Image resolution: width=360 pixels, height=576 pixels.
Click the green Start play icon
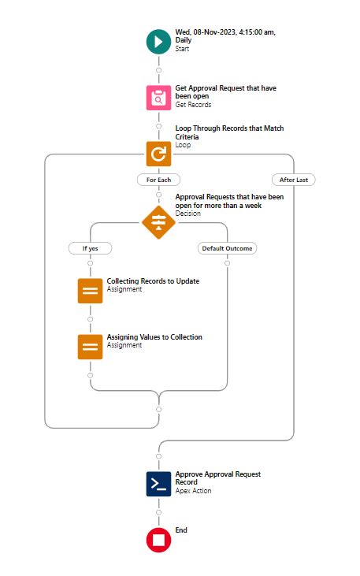pyautogui.click(x=158, y=42)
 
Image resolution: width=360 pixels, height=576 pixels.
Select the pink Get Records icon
pyautogui.click(x=158, y=98)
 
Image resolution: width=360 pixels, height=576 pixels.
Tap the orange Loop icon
pyautogui.click(x=158, y=154)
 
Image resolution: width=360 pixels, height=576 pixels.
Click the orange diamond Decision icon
pyautogui.click(x=158, y=222)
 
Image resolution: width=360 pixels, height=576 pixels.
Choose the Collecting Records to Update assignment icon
pyautogui.click(x=90, y=291)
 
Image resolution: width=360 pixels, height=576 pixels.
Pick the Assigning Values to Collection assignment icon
pyautogui.click(x=90, y=347)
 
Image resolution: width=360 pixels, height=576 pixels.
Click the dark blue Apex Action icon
pyautogui.click(x=158, y=484)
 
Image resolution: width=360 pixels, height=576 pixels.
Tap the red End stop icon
pyautogui.click(x=158, y=540)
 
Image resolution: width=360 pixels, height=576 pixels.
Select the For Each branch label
pyautogui.click(x=158, y=180)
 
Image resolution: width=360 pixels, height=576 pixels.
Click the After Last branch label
pyautogui.click(x=294, y=180)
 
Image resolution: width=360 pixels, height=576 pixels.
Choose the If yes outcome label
pyautogui.click(x=90, y=248)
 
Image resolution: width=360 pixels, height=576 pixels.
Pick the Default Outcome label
pyautogui.click(x=227, y=248)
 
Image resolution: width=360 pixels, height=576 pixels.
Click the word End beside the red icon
pyautogui.click(x=181, y=530)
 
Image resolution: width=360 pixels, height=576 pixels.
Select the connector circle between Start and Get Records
pyautogui.click(x=158, y=70)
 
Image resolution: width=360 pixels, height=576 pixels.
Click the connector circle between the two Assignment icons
pyautogui.click(x=90, y=319)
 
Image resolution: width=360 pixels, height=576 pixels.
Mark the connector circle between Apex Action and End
pyautogui.click(x=158, y=512)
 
